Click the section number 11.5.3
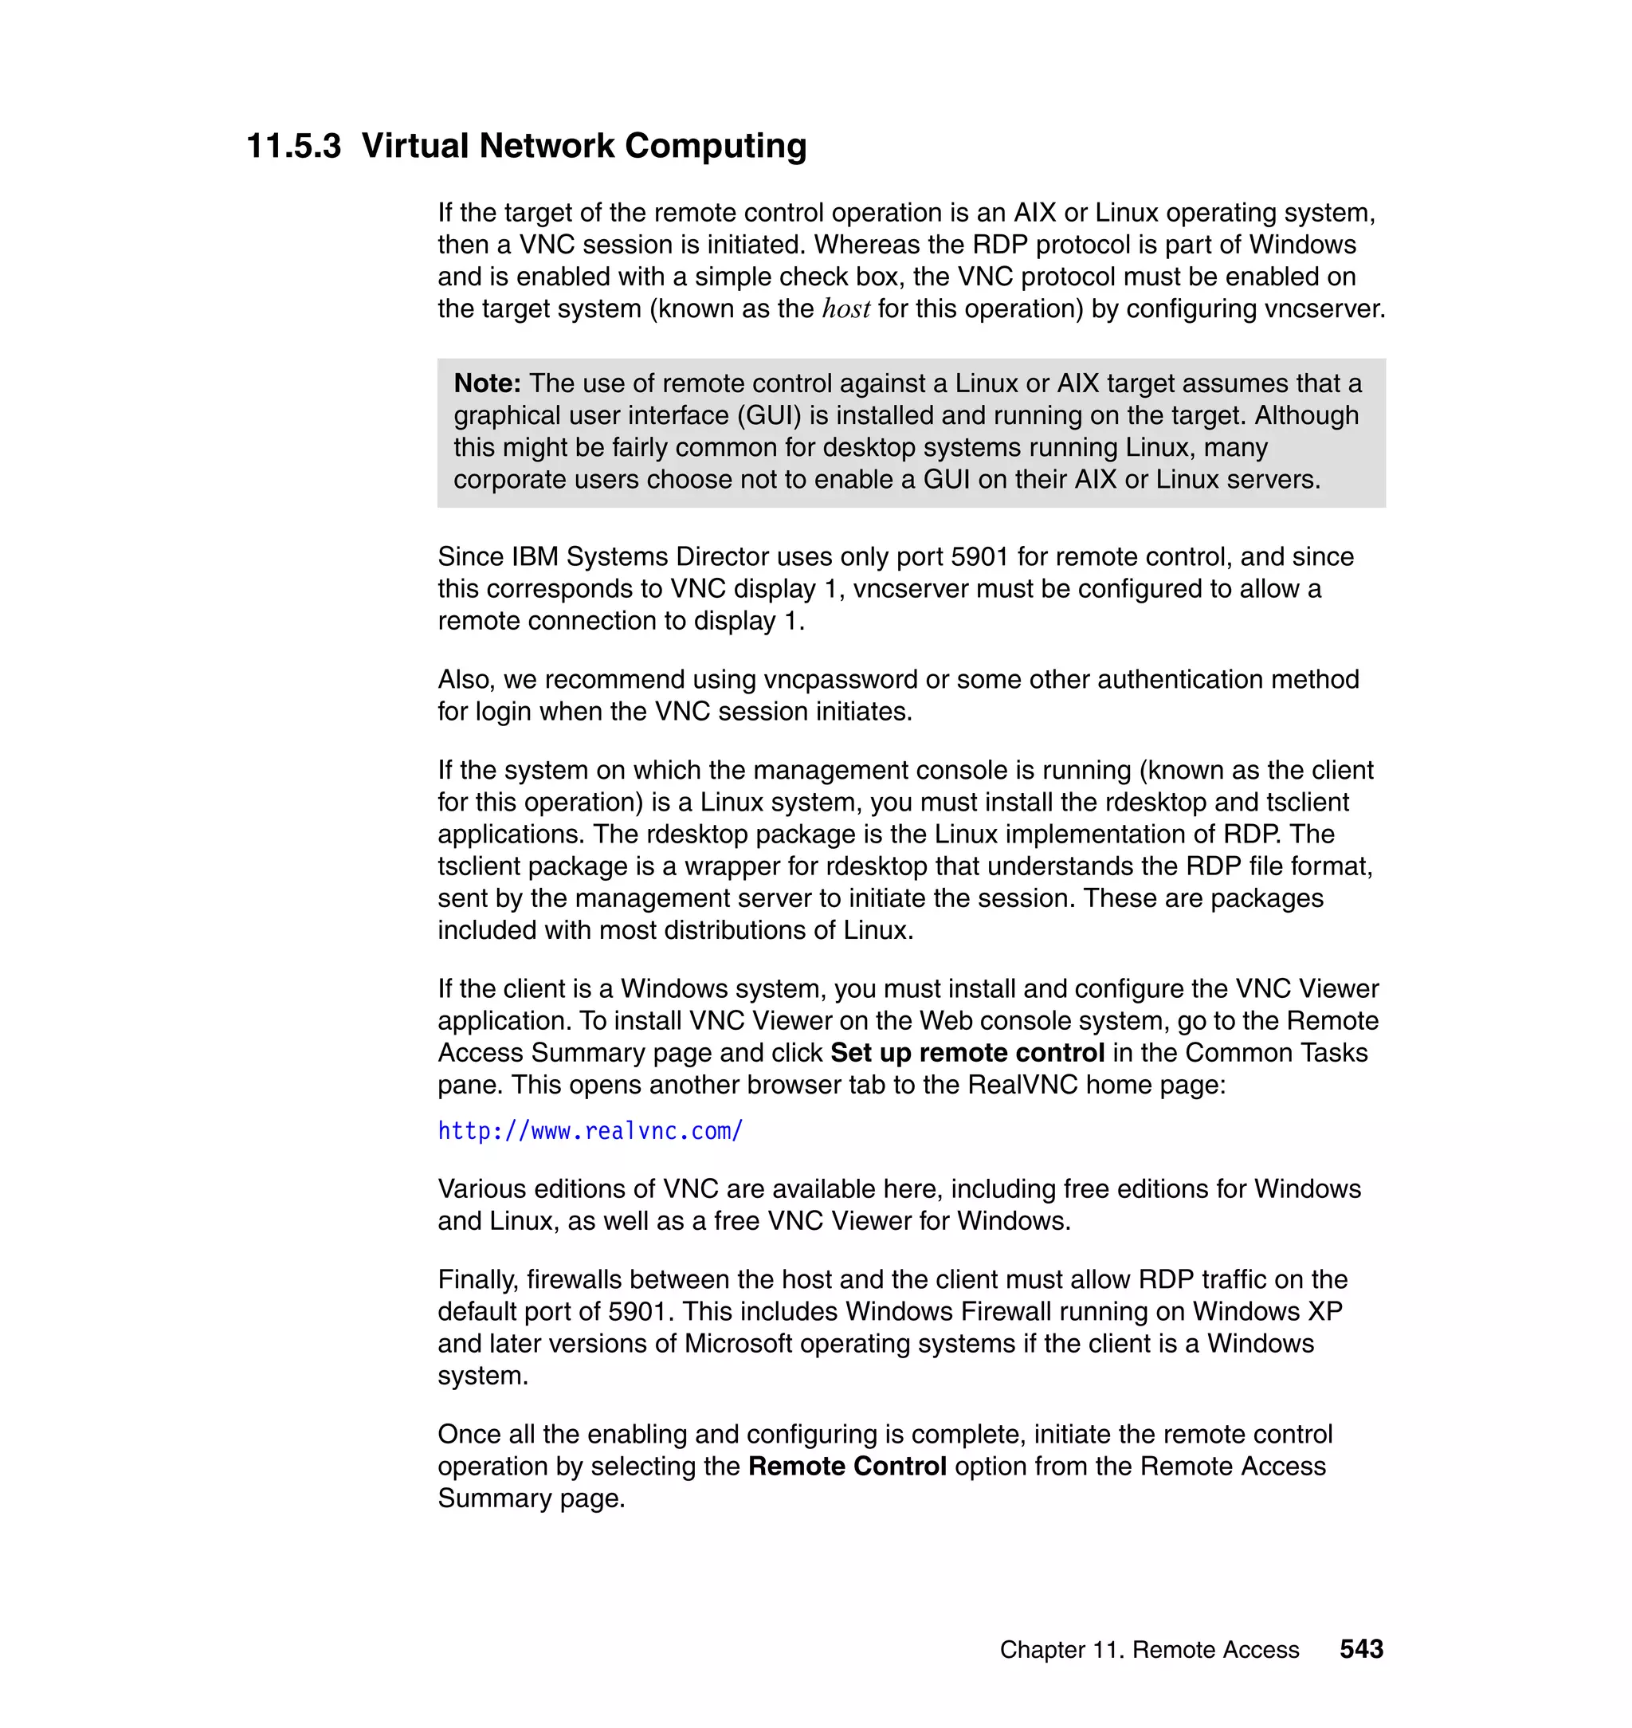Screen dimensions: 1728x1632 point(293,146)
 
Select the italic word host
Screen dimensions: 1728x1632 point(845,309)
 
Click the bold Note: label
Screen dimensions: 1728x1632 point(487,383)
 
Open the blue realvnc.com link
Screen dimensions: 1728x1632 point(590,1131)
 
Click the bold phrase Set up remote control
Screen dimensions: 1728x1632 point(967,1053)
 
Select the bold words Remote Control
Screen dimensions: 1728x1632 point(846,1466)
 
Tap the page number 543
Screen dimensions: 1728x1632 point(1360,1649)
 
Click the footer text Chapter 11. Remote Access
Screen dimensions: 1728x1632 point(1148,1650)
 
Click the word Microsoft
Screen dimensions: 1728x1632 point(738,1343)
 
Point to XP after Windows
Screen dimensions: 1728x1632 point(1324,1311)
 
